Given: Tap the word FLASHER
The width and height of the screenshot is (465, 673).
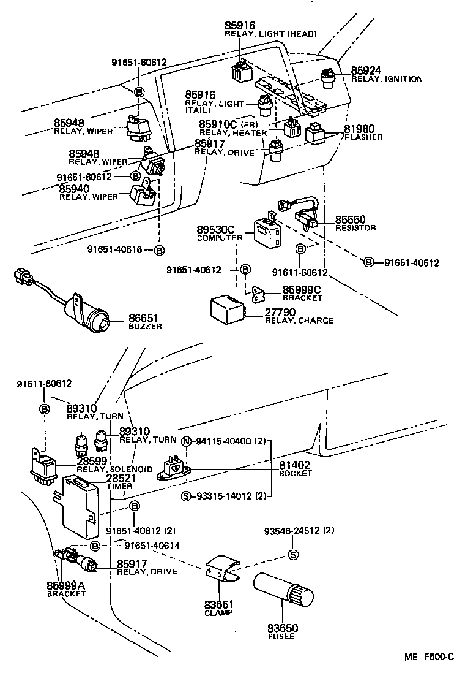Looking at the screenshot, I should tap(363, 137).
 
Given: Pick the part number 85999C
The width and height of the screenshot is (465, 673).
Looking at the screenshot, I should tap(302, 289).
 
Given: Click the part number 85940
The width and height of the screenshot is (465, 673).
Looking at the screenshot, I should tap(81, 189).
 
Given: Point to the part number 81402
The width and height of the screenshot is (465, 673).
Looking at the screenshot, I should tap(294, 465).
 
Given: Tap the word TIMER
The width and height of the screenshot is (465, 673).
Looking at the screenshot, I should tap(119, 486).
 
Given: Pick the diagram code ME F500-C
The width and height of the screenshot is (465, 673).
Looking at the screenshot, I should tap(429, 657).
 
